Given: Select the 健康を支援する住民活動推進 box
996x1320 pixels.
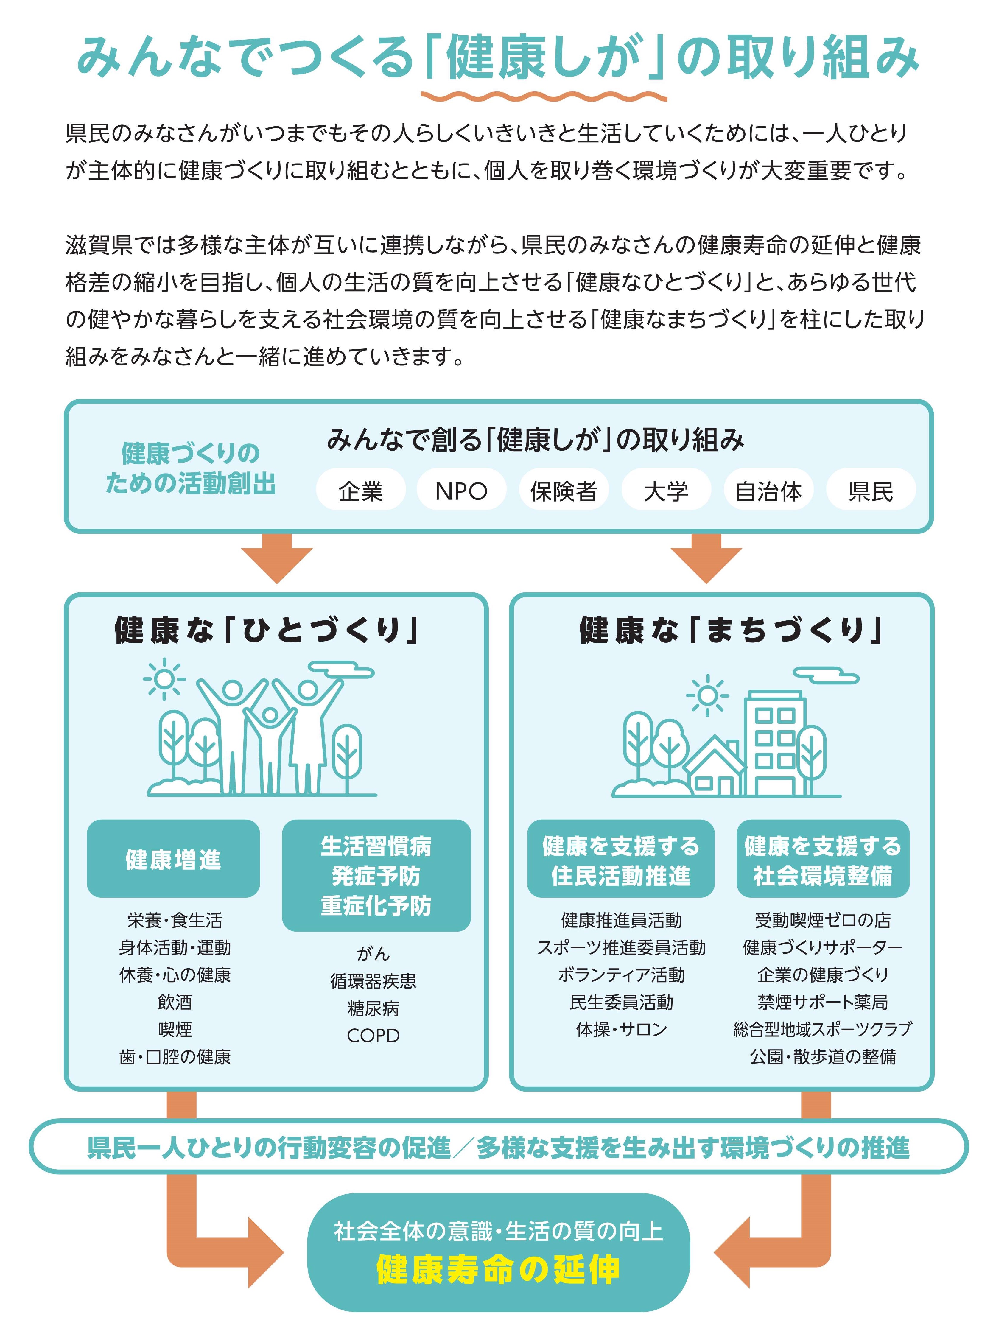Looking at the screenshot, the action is tap(621, 859).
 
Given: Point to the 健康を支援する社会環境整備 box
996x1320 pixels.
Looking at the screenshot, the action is tap(823, 859).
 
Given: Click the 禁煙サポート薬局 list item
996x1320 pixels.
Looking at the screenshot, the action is tap(823, 1002).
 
